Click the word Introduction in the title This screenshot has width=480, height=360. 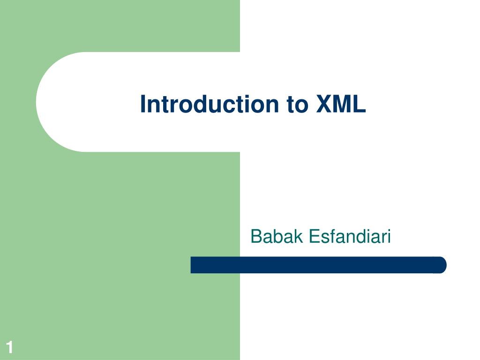(208, 104)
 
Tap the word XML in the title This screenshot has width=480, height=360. (340, 104)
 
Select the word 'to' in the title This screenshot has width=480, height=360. (295, 105)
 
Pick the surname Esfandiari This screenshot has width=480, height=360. (350, 237)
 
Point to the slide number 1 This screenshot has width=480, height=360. (9, 348)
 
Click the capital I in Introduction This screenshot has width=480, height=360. (143, 104)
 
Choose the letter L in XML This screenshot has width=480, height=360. (359, 104)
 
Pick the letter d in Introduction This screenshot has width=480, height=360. (197, 104)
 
